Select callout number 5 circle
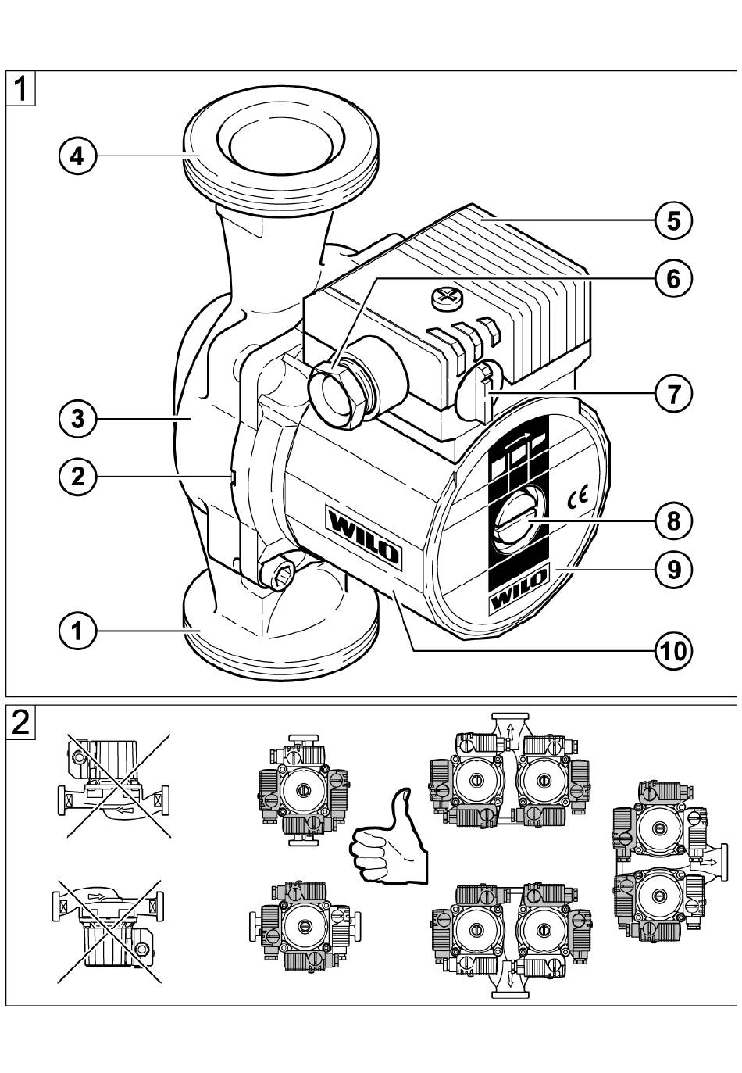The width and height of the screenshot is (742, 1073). pyautogui.click(x=673, y=220)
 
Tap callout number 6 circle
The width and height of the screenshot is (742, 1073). pyautogui.click(x=673, y=277)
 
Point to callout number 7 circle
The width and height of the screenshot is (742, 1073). pyautogui.click(x=673, y=393)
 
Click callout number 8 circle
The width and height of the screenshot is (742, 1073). pyautogui.click(x=673, y=520)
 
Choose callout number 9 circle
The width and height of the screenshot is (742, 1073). pyautogui.click(x=673, y=568)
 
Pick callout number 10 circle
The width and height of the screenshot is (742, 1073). pyautogui.click(x=673, y=649)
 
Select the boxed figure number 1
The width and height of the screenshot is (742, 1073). pyautogui.click(x=21, y=88)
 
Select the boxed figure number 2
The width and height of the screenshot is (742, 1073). pyautogui.click(x=21, y=721)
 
